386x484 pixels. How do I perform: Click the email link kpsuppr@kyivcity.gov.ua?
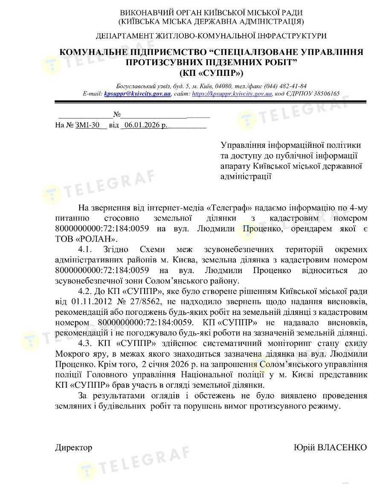pos(137,94)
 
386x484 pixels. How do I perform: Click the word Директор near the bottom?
pos(73,447)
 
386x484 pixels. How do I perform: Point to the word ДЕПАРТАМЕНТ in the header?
pos(121,36)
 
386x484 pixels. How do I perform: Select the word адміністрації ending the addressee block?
pos(246,176)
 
